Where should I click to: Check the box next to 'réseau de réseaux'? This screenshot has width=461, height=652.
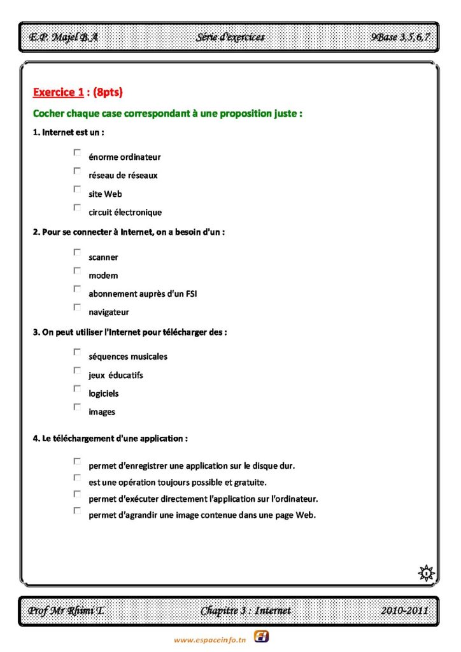point(77,171)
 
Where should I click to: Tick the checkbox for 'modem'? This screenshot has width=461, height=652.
point(77,271)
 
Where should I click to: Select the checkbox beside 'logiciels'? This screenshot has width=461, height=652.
point(77,388)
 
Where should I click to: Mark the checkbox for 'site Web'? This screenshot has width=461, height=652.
point(77,189)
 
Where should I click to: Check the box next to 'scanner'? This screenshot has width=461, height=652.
point(77,252)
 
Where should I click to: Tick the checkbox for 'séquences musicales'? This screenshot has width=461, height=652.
point(77,351)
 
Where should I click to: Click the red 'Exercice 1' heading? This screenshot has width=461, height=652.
point(58,93)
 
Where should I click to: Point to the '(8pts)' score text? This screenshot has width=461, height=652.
point(108,93)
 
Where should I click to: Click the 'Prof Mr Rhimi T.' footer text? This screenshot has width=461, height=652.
point(66,611)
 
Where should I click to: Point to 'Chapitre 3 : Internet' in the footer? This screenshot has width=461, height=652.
point(246,611)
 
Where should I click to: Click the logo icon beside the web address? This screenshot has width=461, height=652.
point(261,636)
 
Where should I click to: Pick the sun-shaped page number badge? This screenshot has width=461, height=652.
point(426,572)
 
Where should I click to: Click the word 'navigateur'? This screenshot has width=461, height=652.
point(109,313)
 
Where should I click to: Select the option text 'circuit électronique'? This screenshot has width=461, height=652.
point(125,213)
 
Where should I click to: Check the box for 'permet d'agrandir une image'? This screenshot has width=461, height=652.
point(77,510)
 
